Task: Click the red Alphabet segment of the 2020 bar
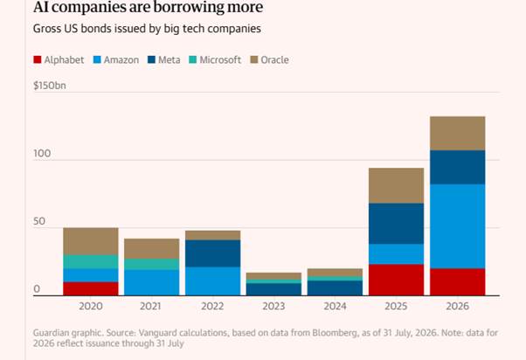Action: tap(91, 289)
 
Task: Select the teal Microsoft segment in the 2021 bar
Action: tap(152, 264)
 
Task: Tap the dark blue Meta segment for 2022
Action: tap(212, 253)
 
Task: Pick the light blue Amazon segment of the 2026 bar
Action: tap(457, 226)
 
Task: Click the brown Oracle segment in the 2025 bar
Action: tap(396, 185)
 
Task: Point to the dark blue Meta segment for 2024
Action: tap(335, 288)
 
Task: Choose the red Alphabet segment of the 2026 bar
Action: tap(457, 282)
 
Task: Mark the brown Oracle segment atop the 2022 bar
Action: tap(212, 235)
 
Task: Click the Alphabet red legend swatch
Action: tap(38, 59)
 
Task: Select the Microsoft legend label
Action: tap(220, 59)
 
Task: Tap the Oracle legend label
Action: tap(274, 59)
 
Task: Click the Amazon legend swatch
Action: tap(97, 59)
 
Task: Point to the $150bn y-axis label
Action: tap(50, 86)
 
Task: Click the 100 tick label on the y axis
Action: tap(42, 153)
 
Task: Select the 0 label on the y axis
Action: tap(37, 289)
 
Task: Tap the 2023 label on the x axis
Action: tap(273, 306)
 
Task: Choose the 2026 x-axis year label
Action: tap(457, 306)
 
